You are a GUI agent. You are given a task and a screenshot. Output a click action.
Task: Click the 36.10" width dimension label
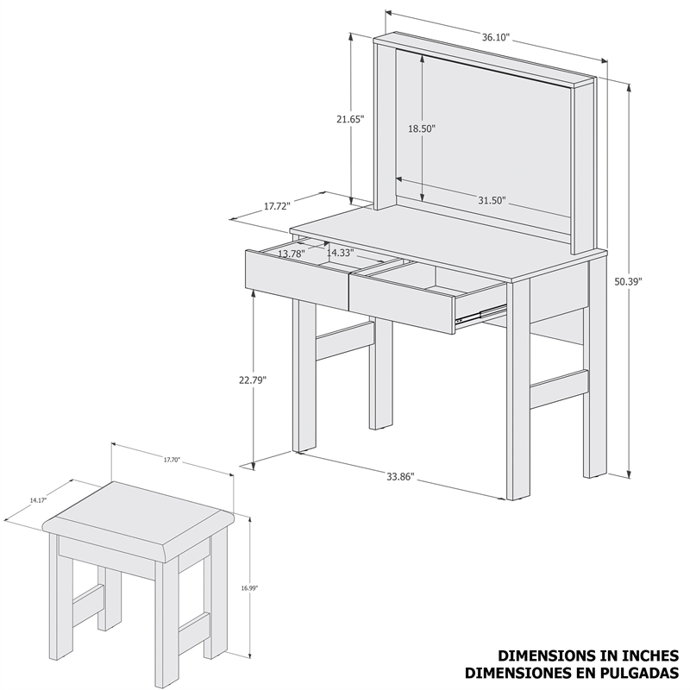[495, 37]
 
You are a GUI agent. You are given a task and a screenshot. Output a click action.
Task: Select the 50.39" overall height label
[628, 281]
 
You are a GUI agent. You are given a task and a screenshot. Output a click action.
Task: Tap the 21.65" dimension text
[351, 119]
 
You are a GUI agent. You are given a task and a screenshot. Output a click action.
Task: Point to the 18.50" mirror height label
[422, 129]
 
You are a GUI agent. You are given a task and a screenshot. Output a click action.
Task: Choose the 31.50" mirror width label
[492, 201]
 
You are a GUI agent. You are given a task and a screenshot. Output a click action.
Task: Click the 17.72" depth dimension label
[277, 206]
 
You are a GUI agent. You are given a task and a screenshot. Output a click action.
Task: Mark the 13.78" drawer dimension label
[292, 254]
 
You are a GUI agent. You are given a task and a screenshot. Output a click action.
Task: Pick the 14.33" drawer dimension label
[341, 253]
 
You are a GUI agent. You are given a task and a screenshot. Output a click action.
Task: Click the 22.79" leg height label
[253, 379]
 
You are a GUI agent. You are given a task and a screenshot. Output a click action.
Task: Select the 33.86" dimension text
[401, 477]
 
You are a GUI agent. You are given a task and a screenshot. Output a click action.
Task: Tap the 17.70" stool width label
[172, 460]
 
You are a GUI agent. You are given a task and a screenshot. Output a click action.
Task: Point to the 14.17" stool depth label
[38, 500]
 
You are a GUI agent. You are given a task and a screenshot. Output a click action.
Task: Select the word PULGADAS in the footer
[635, 673]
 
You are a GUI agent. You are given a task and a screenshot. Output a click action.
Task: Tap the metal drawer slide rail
[480, 314]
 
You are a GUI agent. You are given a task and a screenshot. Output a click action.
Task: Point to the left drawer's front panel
[298, 279]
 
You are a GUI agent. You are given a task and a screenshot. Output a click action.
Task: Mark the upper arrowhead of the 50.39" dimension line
[629, 88]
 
